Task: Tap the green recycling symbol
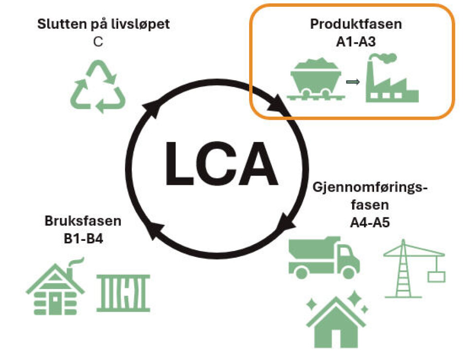click(x=99, y=87)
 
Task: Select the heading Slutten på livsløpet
click(x=104, y=24)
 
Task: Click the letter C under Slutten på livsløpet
click(x=98, y=42)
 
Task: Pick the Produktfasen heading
click(x=357, y=24)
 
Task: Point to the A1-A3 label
click(x=357, y=42)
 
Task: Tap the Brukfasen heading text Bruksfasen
click(x=83, y=222)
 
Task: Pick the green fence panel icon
click(x=123, y=292)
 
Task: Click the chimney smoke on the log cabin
click(x=77, y=263)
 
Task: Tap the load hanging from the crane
click(x=436, y=276)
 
